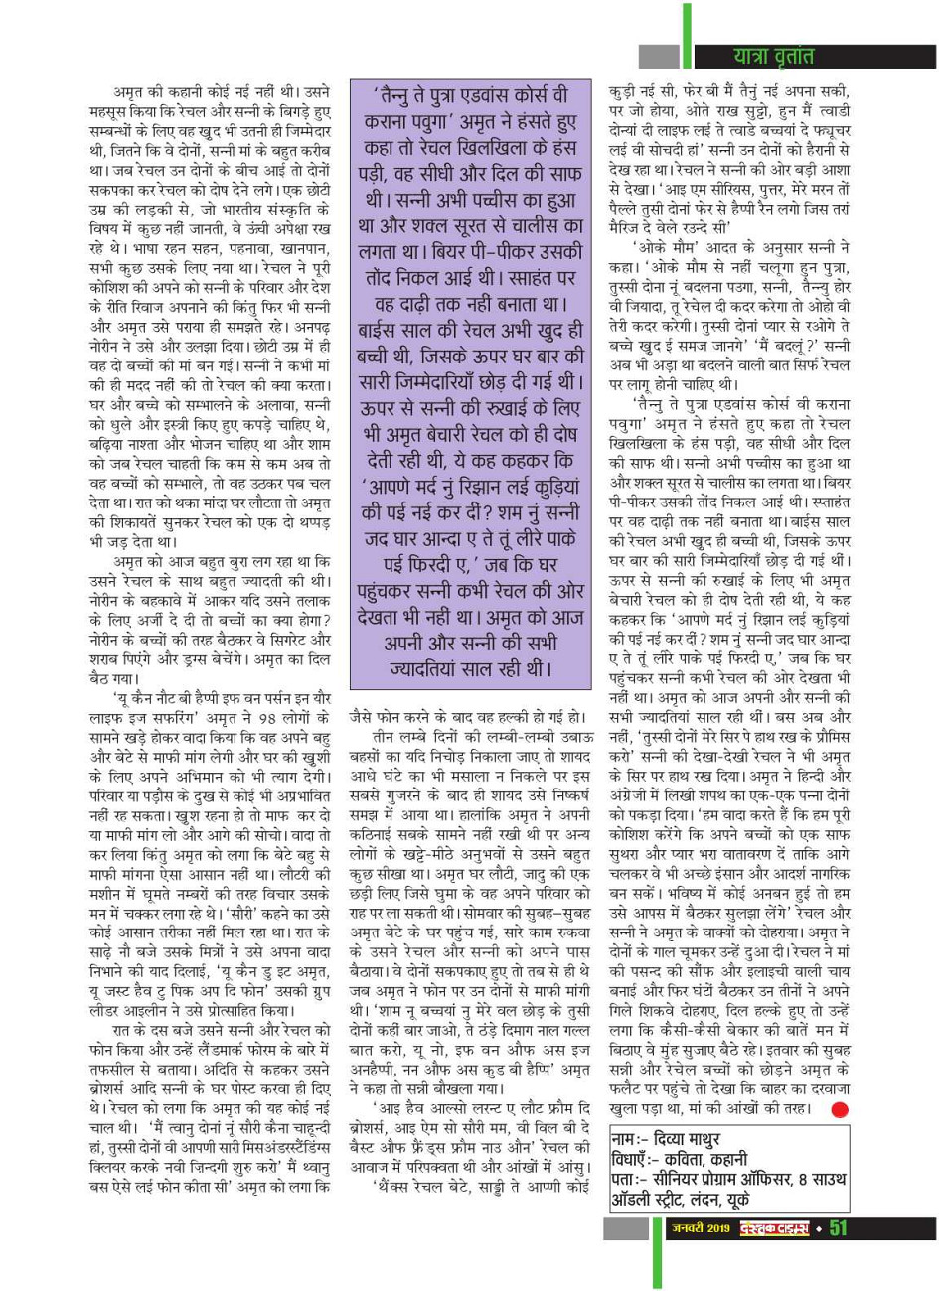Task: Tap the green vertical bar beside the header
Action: pyautogui.click(x=686, y=35)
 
